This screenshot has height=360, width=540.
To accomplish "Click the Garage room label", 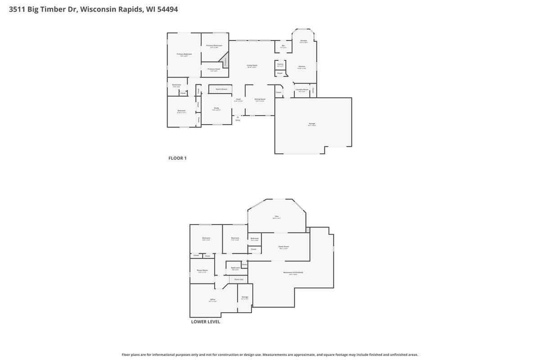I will pos(312,123).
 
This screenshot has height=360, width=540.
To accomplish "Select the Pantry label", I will pos(280,64).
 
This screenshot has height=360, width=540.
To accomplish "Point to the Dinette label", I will pos(304,41).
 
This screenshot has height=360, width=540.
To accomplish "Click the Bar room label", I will pos(283,45).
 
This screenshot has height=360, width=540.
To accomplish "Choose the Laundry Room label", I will pos(302,90).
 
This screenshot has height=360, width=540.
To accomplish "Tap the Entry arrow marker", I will pos(238,117).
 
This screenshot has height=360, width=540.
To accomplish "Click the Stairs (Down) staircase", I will pos(221,89).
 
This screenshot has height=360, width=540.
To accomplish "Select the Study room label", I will pos(216,108).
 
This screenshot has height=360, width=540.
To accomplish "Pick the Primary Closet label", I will pos(214,69).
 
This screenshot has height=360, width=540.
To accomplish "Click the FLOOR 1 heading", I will pos(177,158).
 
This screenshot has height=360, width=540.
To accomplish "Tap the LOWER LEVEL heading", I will pos(206,322).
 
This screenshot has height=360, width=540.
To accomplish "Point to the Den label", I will pos(277,216).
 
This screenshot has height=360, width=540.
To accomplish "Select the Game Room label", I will pos(283,247).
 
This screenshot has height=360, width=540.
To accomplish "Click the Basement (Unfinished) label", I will pos(293,272).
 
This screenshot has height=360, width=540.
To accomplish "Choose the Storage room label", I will pos(245,297).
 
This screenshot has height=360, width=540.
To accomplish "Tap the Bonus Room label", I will pos(202,270).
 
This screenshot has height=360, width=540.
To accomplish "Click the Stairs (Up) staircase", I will pos(238,279).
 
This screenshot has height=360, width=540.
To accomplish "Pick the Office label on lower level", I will pos(213,300).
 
